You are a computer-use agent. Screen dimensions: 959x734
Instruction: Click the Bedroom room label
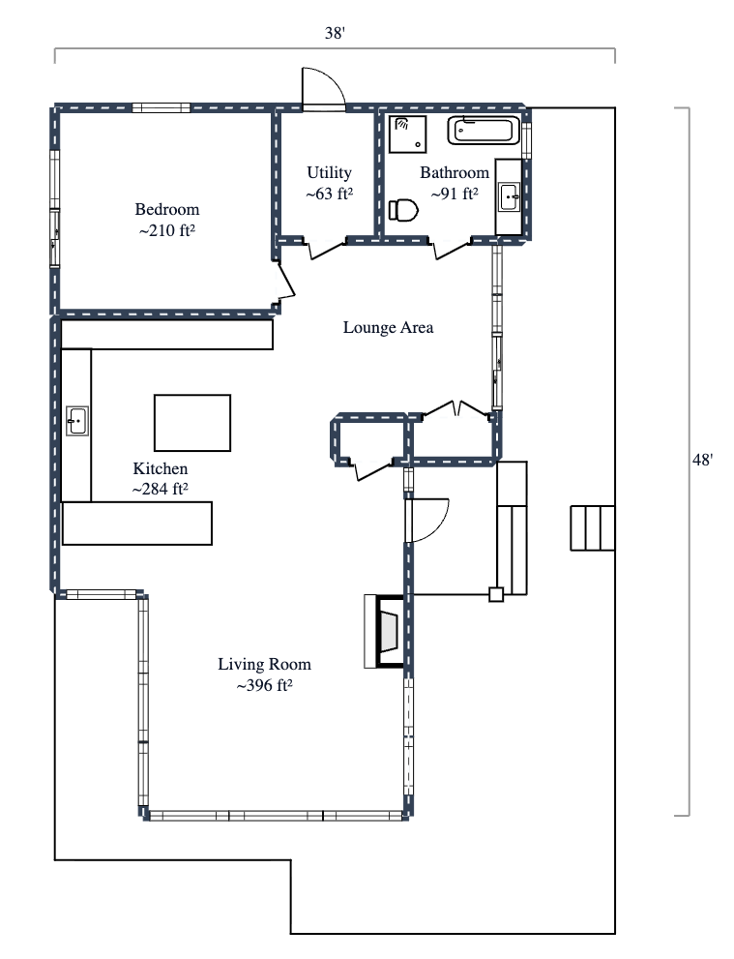click(x=166, y=209)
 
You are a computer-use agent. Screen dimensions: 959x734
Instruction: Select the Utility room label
click(x=329, y=172)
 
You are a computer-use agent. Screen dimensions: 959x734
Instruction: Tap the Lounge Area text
click(x=388, y=327)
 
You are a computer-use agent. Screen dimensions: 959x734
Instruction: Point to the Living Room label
click(x=264, y=664)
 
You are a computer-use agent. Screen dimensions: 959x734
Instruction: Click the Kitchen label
click(x=160, y=468)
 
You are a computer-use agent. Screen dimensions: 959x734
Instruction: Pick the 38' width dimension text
click(x=335, y=33)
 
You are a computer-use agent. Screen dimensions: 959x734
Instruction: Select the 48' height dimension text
click(x=703, y=461)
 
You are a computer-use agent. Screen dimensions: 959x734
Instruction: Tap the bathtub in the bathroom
click(x=484, y=130)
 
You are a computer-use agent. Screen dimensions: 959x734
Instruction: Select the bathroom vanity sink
click(x=509, y=197)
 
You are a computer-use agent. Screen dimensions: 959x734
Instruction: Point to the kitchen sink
click(x=77, y=421)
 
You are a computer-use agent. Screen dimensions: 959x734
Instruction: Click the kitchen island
click(x=192, y=423)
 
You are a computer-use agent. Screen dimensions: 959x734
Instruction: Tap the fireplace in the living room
click(x=385, y=631)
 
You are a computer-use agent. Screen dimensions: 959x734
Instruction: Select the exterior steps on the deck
click(x=592, y=527)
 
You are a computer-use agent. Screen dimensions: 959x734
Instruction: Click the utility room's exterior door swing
click(x=322, y=88)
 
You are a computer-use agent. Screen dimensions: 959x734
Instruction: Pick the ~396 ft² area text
click(x=264, y=686)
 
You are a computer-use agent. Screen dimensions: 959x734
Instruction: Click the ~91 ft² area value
click(x=455, y=194)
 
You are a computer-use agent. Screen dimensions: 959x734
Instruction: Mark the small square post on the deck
click(x=496, y=595)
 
